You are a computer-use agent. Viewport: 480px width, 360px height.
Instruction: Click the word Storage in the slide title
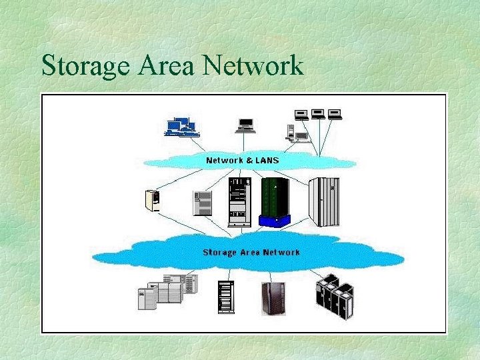83,66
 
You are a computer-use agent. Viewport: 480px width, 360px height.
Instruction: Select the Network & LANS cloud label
243,160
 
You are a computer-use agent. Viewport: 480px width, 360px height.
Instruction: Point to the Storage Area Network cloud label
251,252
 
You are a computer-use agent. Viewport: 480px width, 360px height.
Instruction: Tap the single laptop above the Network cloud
245,124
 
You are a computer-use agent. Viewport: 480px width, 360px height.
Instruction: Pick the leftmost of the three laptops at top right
301,114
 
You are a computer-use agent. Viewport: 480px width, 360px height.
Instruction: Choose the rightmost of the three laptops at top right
335,114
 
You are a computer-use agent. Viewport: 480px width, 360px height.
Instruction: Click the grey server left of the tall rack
202,203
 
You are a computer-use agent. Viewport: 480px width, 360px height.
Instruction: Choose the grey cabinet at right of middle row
324,201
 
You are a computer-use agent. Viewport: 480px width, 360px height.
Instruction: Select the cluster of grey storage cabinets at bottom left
167,291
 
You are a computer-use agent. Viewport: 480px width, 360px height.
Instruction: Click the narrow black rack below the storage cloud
225,297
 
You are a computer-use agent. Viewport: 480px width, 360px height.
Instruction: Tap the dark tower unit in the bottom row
273,297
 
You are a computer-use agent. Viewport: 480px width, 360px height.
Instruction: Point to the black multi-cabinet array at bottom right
335,295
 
